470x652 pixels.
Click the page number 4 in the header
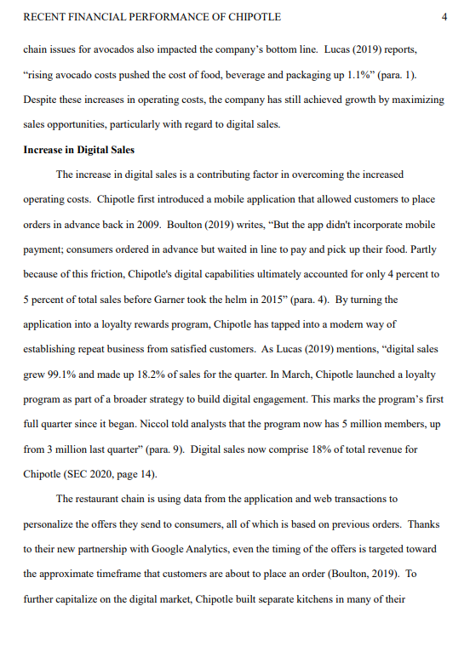[x=445, y=17]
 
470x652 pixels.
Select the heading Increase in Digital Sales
[x=78, y=150]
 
